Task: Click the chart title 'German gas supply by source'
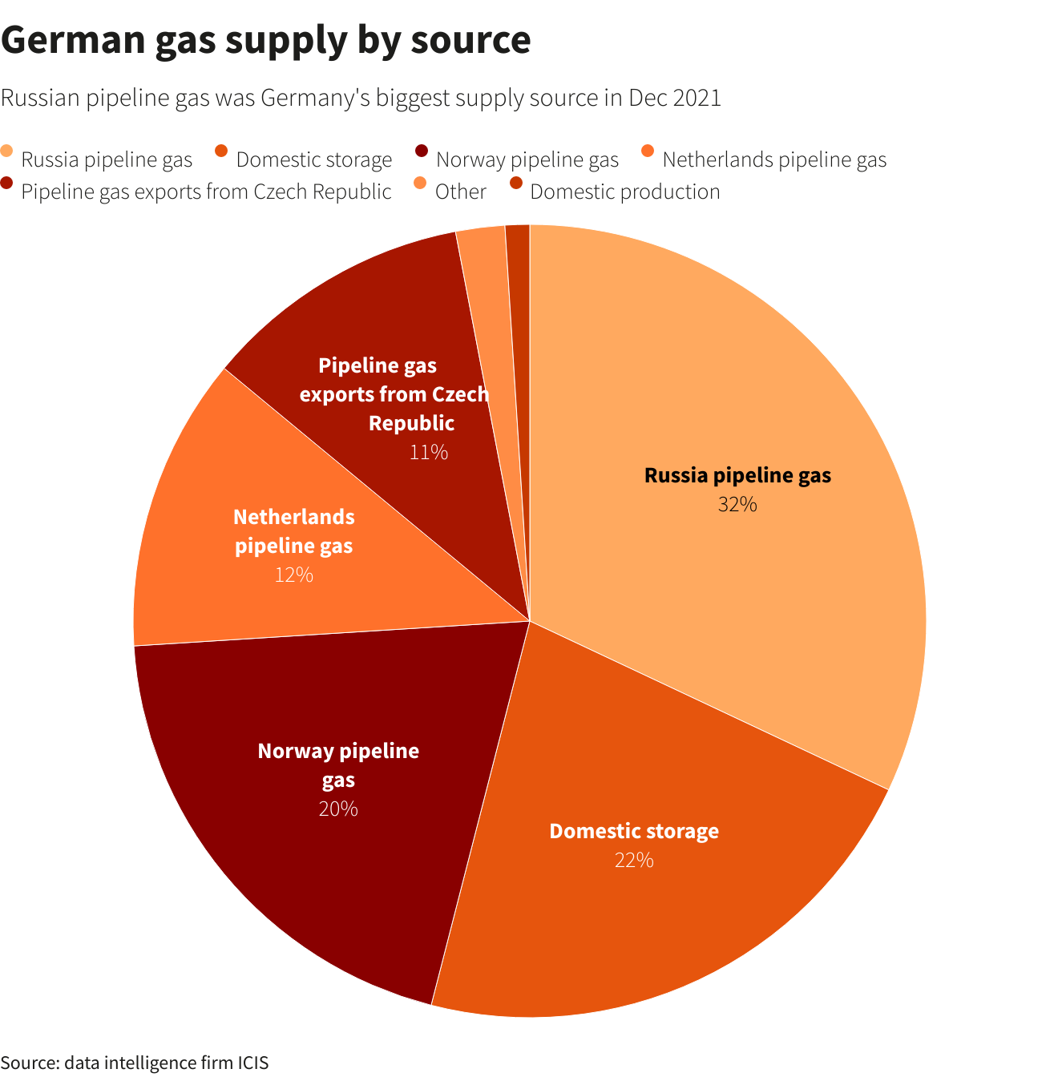click(x=265, y=40)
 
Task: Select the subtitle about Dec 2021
click(x=361, y=98)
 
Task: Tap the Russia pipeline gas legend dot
click(x=7, y=151)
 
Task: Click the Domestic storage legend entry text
click(x=313, y=159)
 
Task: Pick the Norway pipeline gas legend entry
click(x=527, y=159)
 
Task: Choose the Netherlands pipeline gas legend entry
click(x=773, y=159)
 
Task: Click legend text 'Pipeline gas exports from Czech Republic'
click(x=206, y=192)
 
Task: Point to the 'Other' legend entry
click(x=460, y=192)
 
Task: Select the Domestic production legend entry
click(x=624, y=192)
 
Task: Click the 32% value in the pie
click(x=737, y=504)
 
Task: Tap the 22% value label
click(x=634, y=860)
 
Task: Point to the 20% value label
click(x=338, y=809)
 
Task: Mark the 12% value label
click(x=293, y=575)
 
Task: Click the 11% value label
click(x=428, y=452)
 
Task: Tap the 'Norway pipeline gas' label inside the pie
click(x=338, y=765)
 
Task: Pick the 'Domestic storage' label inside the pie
click(x=634, y=831)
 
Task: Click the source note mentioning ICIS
click(x=135, y=1063)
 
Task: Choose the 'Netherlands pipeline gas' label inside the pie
click(x=293, y=531)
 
